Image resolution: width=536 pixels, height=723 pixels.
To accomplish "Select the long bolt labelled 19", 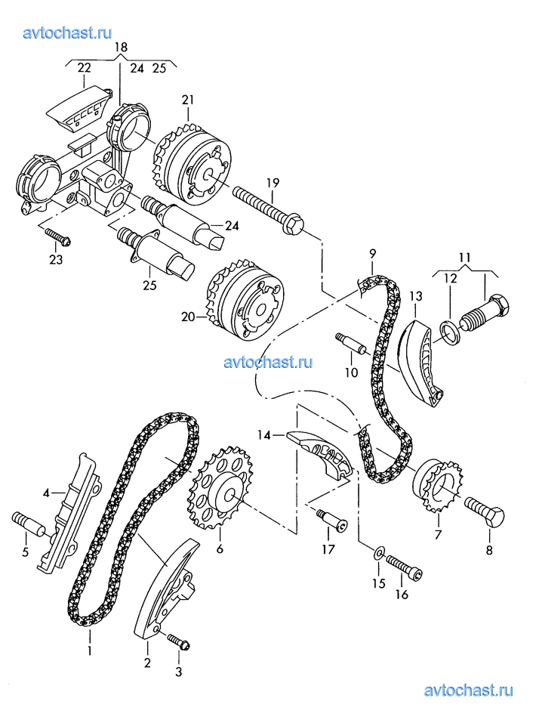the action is (x=268, y=208).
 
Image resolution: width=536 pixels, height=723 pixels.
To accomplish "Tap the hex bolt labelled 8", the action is (x=485, y=511).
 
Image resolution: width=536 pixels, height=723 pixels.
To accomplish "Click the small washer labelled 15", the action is (x=379, y=552).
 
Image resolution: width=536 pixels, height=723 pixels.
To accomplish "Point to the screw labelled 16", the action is (x=404, y=567).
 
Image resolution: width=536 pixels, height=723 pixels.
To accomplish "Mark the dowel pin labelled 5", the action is (x=28, y=524).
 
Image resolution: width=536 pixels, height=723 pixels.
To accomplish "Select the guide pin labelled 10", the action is (x=351, y=341).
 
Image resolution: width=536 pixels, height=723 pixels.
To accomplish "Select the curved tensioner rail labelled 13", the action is (x=418, y=366).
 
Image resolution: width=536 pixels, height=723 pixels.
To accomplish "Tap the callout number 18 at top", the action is (x=121, y=47).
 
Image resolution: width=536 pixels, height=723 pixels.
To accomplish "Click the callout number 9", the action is (x=372, y=253).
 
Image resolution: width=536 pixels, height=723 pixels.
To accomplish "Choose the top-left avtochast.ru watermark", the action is (x=67, y=32).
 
